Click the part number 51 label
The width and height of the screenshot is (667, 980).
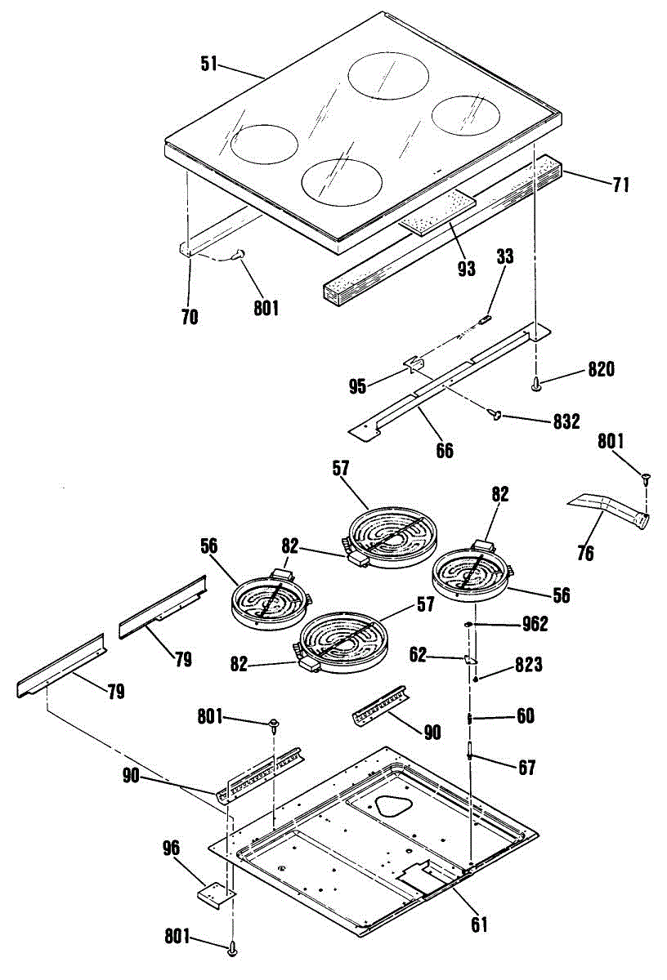[x=209, y=64]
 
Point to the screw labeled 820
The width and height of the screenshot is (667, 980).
[x=537, y=381]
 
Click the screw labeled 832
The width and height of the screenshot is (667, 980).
[x=495, y=416]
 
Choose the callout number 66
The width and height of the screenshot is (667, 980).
[x=444, y=449]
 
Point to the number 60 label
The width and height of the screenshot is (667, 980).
[x=525, y=716]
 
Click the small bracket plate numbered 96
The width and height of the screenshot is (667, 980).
[x=215, y=893]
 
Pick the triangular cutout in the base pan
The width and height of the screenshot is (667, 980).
[x=395, y=806]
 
